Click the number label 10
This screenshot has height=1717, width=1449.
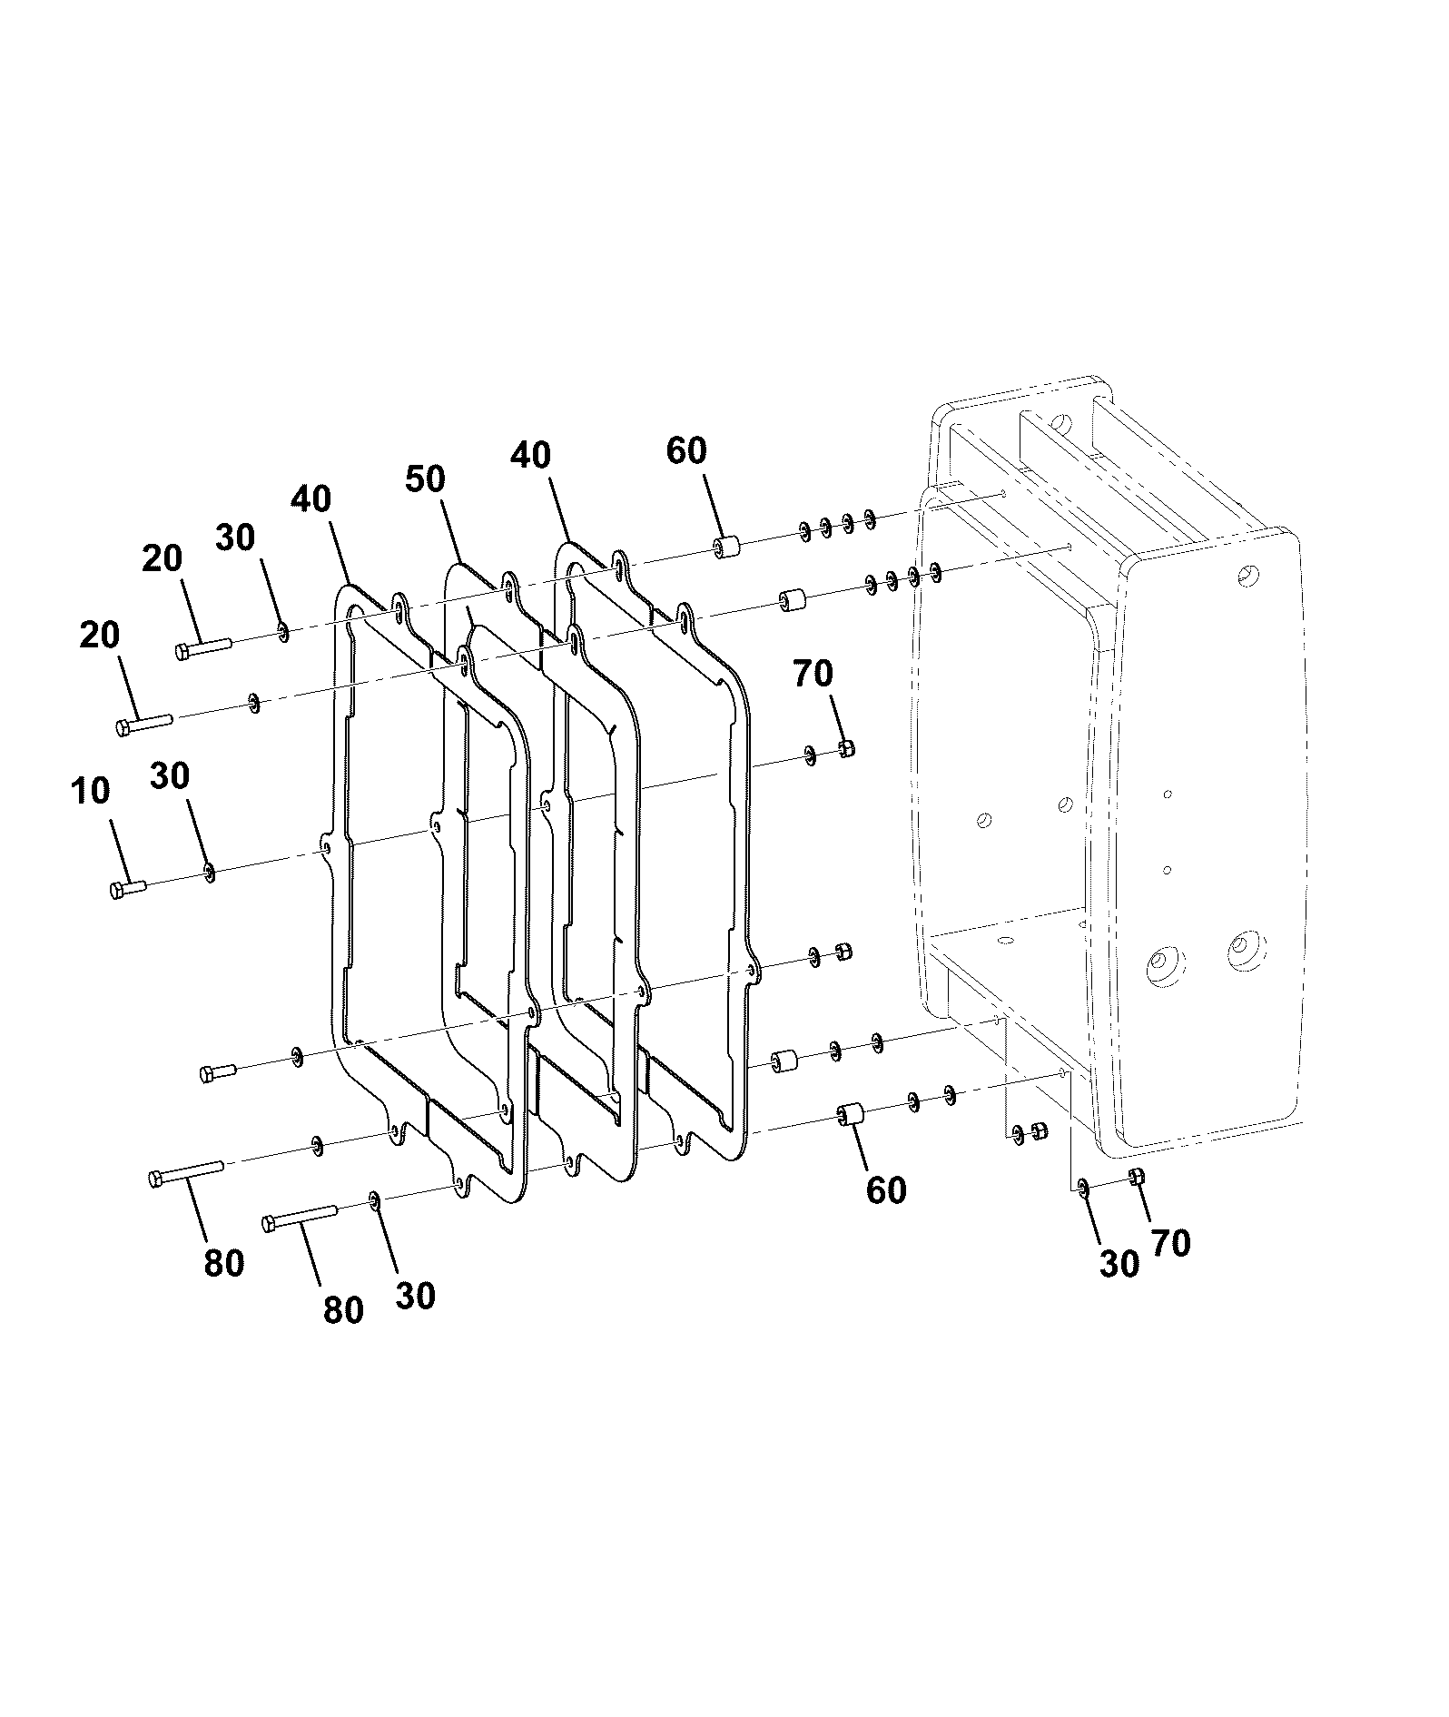point(90,791)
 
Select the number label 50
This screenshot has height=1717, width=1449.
point(425,479)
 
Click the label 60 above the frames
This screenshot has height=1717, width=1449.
point(686,450)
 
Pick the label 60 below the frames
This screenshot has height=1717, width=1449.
point(886,1190)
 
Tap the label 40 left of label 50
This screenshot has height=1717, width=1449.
point(311,498)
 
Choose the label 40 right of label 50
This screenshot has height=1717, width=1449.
point(530,455)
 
